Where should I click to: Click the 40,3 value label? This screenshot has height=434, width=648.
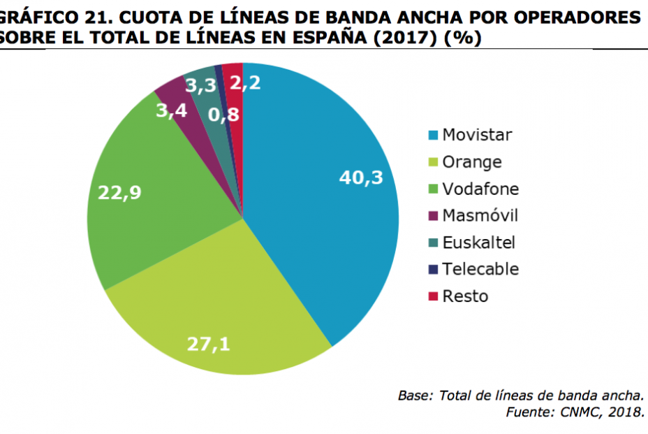(x=361, y=178)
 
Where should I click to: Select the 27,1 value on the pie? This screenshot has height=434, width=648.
(x=209, y=343)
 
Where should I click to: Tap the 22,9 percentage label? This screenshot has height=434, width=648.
(x=119, y=193)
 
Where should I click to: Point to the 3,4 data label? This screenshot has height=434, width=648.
(x=171, y=110)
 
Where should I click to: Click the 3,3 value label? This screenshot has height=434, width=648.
(x=200, y=86)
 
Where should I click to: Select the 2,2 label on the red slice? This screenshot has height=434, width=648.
(x=246, y=85)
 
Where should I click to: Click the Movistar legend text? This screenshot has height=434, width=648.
(x=478, y=135)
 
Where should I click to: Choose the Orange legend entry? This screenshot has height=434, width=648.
(x=472, y=162)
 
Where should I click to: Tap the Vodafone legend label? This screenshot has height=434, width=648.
(x=480, y=189)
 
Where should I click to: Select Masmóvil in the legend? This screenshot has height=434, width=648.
(x=480, y=215)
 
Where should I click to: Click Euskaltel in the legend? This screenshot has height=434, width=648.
(x=478, y=243)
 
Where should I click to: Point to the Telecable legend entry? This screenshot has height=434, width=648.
(x=480, y=269)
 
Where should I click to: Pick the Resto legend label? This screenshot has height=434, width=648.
(x=465, y=296)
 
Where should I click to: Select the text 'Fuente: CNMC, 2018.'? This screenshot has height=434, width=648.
(x=575, y=412)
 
